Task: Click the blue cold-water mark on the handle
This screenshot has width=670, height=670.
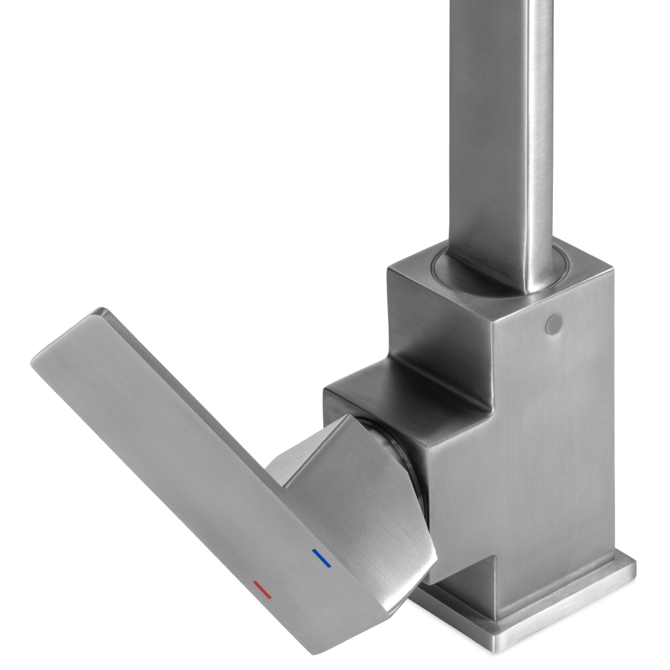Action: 322,558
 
